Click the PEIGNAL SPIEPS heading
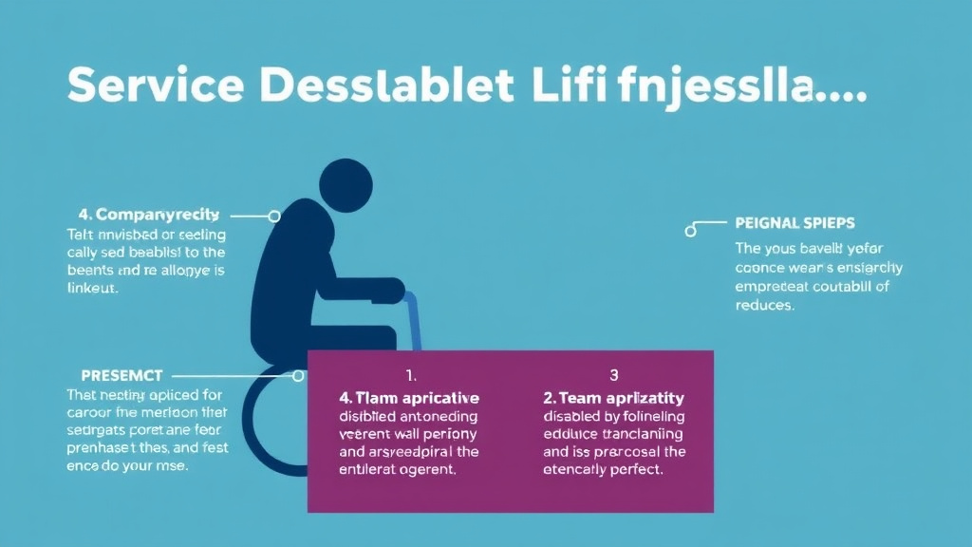(794, 223)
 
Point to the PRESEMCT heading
(114, 374)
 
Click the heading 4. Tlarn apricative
(408, 398)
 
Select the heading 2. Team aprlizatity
(613, 398)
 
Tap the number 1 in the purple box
(411, 374)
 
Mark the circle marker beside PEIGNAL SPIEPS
(691, 229)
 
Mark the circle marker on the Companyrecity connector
(274, 217)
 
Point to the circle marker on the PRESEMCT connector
(298, 376)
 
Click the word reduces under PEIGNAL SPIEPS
(765, 307)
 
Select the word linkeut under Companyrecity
(92, 289)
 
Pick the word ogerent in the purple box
(432, 469)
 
